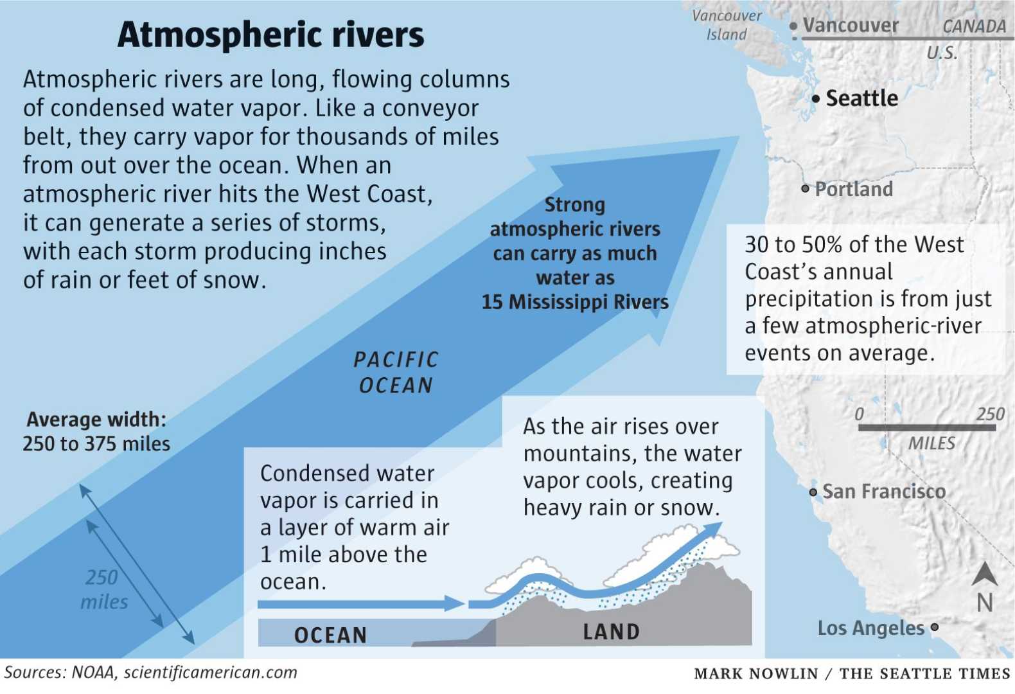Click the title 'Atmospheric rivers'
pyautogui.click(x=270, y=35)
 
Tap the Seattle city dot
pyautogui.click(x=816, y=99)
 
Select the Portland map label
pyautogui.click(x=854, y=189)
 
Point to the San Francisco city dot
pyautogui.click(x=813, y=492)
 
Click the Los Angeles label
pyautogui.click(x=870, y=628)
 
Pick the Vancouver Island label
pyautogui.click(x=727, y=25)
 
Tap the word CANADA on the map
pyautogui.click(x=974, y=26)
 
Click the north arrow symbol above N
pyautogui.click(x=984, y=574)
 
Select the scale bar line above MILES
pyautogui.click(x=926, y=427)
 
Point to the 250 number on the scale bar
pyautogui.click(x=990, y=414)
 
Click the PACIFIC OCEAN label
pyautogui.click(x=396, y=372)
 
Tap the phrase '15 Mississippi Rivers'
pyautogui.click(x=575, y=302)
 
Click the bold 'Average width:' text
pyautogui.click(x=96, y=420)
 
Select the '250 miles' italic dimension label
pyautogui.click(x=103, y=589)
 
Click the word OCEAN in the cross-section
pyautogui.click(x=330, y=635)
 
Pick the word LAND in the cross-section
pyautogui.click(x=611, y=632)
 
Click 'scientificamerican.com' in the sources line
pyautogui.click(x=211, y=673)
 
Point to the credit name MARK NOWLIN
pyautogui.click(x=755, y=673)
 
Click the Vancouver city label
pyautogui.click(x=851, y=25)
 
